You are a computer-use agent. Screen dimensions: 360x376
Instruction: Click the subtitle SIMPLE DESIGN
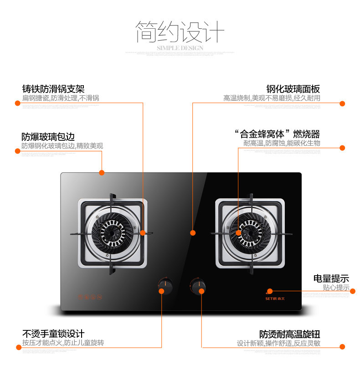[180, 48]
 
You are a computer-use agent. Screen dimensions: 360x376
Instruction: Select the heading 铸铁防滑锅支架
[53, 89]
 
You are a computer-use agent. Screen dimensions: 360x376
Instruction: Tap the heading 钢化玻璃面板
[293, 89]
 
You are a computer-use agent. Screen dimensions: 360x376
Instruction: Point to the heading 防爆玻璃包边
[48, 137]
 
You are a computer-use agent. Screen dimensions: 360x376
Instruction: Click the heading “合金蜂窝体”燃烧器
[277, 134]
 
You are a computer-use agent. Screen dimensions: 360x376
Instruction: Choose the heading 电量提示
[331, 278]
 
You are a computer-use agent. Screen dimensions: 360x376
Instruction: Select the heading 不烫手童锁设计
[53, 334]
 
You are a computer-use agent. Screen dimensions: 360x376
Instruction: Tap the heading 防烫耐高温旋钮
[290, 334]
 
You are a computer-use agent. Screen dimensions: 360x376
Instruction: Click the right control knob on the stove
[198, 286]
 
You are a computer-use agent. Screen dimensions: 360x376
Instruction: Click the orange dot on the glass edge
[102, 173]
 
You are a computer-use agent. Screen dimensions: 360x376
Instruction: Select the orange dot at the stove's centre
[193, 232]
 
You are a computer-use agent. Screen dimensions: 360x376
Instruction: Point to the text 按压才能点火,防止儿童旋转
[63, 343]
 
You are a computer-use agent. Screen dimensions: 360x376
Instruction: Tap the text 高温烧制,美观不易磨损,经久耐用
[272, 98]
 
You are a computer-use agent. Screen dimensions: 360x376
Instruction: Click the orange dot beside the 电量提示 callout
[352, 291]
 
